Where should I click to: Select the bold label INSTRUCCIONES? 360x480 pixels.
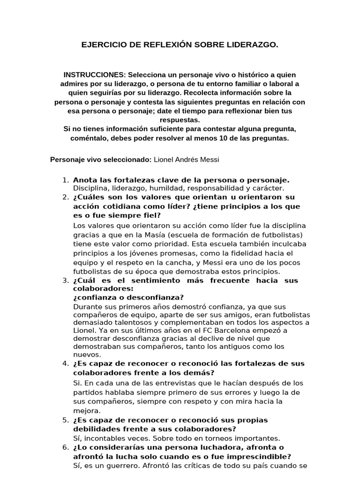95,75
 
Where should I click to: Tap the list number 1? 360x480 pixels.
65,180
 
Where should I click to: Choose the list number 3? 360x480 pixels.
65,280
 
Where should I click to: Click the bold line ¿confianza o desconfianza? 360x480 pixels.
128,298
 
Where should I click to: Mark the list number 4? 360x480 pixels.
65,364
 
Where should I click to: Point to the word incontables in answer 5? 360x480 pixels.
108,439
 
